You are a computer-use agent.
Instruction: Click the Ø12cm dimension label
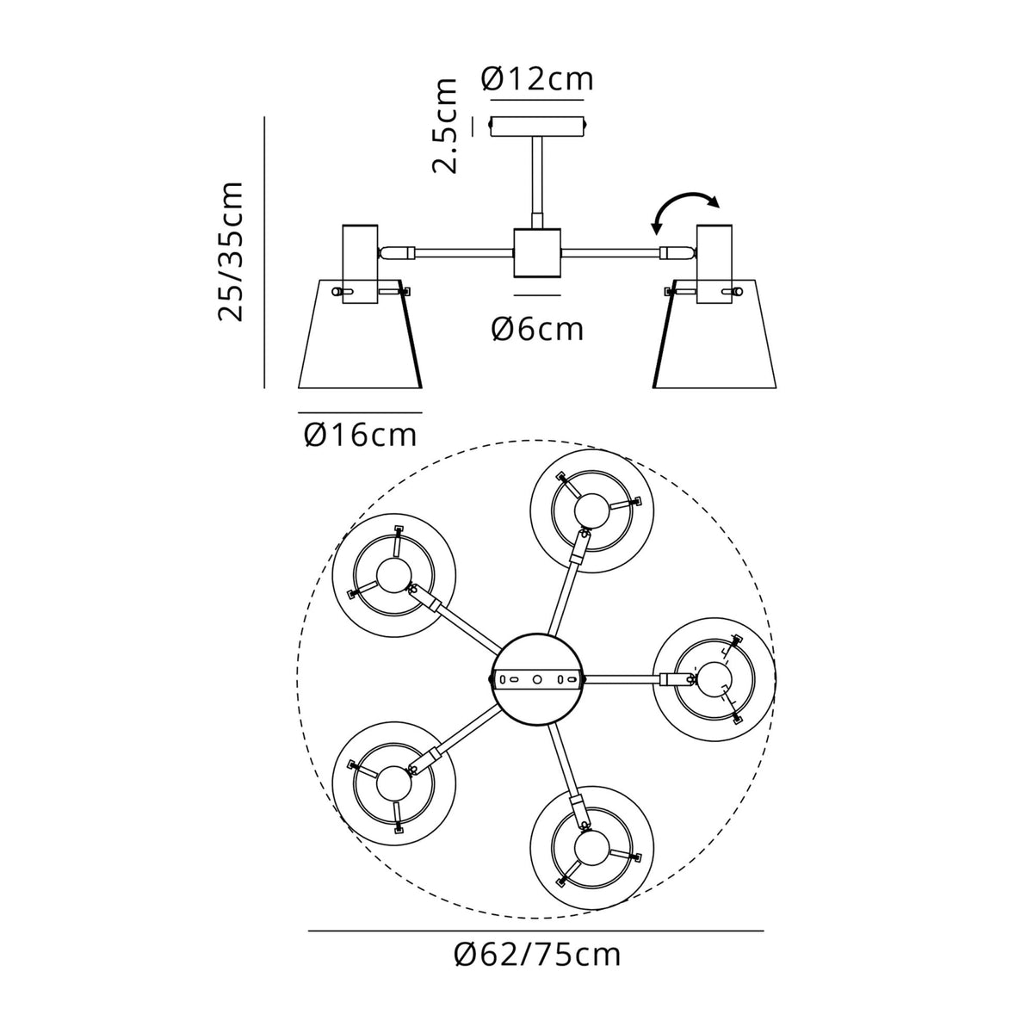point(537,79)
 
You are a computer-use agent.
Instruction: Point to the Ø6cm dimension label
point(537,328)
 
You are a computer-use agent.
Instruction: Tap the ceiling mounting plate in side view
point(537,127)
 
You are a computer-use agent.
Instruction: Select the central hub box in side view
point(537,252)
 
